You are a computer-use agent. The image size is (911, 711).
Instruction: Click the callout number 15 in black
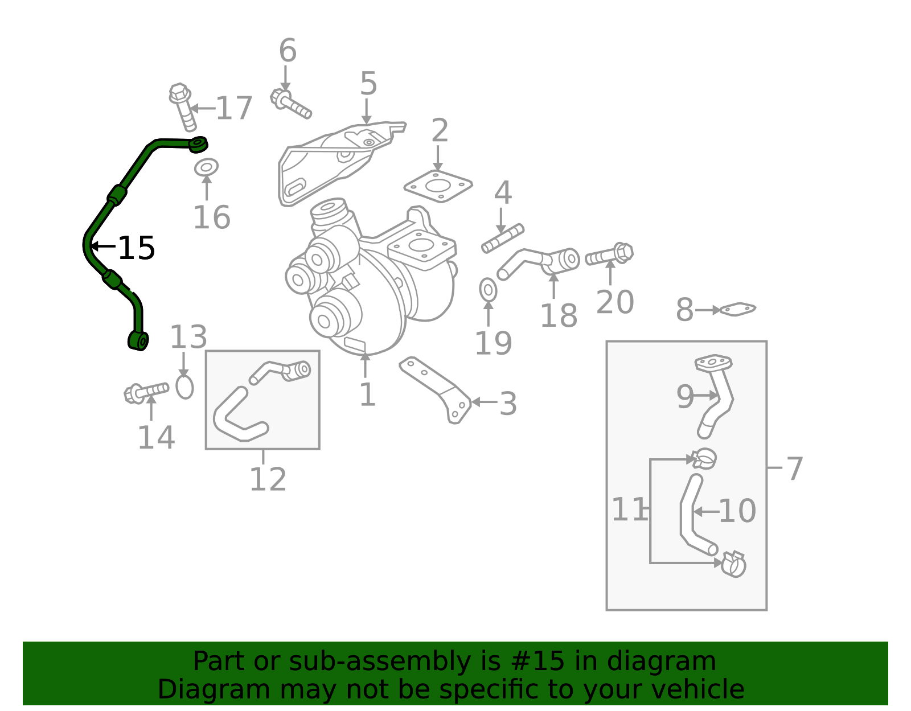(x=137, y=248)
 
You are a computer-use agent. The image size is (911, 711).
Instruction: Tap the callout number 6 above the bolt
(x=288, y=50)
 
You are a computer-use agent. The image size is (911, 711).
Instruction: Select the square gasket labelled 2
(x=438, y=186)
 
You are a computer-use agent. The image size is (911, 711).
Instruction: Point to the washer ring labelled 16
(x=206, y=167)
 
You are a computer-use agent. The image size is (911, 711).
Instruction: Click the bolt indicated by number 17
(x=183, y=106)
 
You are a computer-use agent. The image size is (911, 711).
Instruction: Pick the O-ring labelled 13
(x=184, y=388)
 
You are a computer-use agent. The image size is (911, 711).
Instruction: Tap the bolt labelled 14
(x=146, y=393)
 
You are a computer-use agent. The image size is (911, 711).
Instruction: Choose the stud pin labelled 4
(x=503, y=239)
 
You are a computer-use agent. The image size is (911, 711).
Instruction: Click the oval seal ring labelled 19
(x=488, y=290)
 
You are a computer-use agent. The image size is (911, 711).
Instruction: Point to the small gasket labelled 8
(x=737, y=309)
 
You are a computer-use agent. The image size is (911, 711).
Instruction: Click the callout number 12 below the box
(x=268, y=479)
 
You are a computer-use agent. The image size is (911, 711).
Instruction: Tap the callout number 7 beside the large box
(x=794, y=469)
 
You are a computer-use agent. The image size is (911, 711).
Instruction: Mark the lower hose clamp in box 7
(x=733, y=564)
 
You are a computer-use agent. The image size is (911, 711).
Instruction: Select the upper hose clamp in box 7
(x=704, y=458)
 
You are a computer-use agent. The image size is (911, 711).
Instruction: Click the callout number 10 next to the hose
(x=737, y=511)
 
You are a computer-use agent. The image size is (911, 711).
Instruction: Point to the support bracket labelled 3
(x=436, y=389)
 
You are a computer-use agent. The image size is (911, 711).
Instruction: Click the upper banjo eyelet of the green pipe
(x=198, y=144)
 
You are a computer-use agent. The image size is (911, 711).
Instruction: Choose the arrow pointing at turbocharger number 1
(x=365, y=364)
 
